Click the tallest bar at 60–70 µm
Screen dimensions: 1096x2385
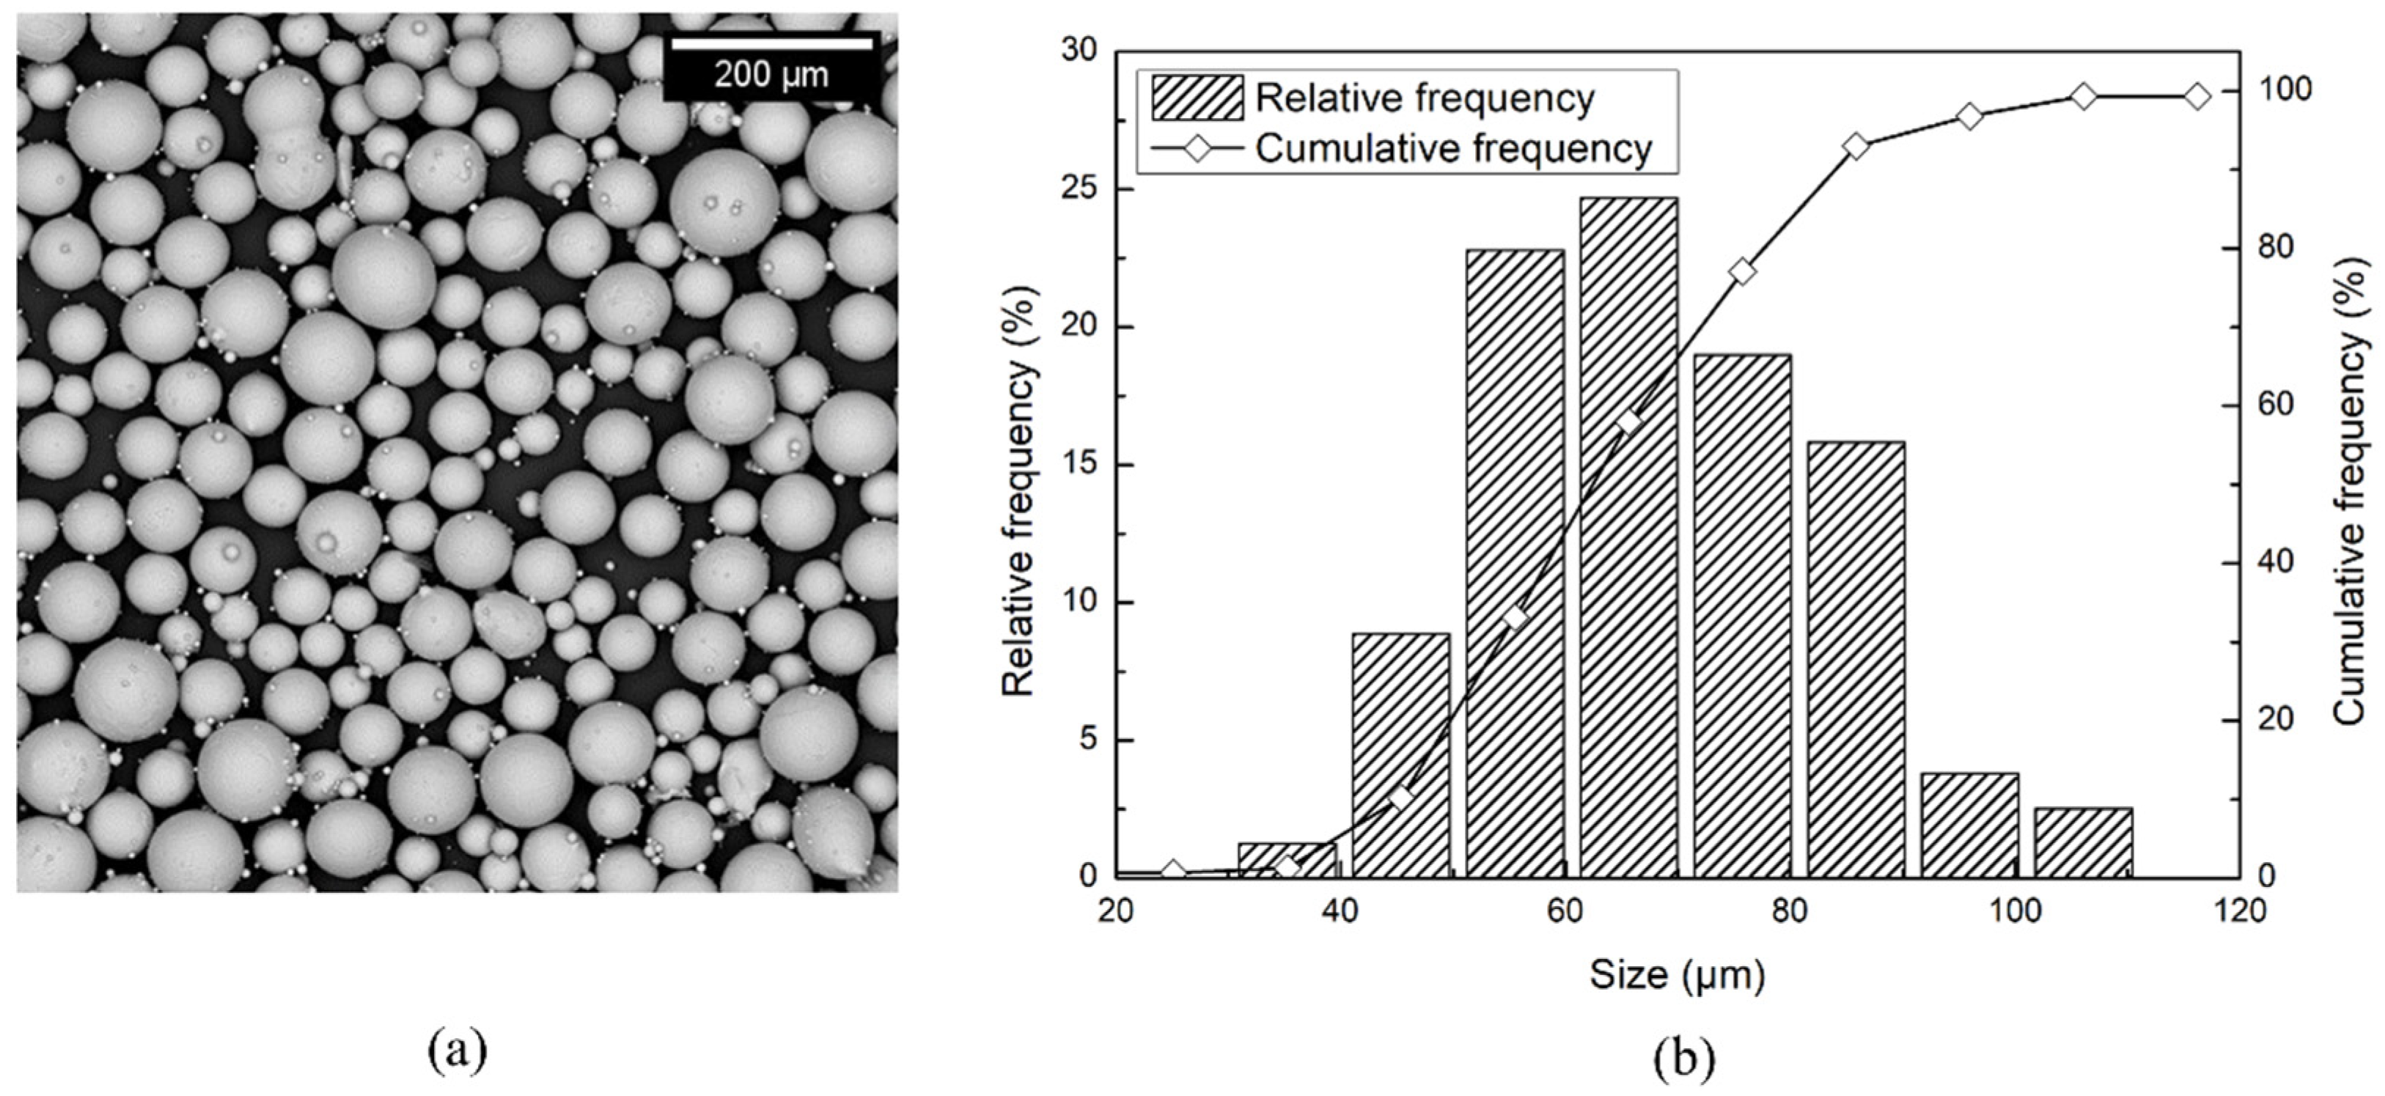click(1628, 537)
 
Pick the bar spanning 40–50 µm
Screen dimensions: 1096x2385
click(1401, 754)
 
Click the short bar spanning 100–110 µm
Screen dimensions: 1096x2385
click(2083, 842)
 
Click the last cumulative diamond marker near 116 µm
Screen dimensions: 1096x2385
click(2198, 96)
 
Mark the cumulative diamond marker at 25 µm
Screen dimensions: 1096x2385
click(1174, 871)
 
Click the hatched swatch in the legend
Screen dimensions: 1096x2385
click(1197, 98)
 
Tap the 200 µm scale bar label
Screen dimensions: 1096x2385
click(771, 75)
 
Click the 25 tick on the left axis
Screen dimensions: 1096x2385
click(1078, 188)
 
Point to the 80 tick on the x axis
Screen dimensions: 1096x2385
click(1789, 912)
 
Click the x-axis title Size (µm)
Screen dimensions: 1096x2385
click(1677, 975)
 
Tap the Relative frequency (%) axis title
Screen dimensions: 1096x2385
click(1018, 490)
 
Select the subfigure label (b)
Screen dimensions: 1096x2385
click(1684, 1058)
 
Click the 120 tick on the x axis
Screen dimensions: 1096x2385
click(2241, 912)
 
